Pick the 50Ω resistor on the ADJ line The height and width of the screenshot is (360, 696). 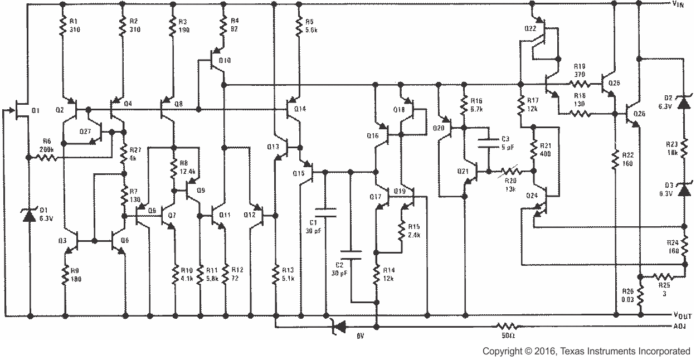click(x=508, y=326)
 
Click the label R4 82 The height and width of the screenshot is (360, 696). click(x=235, y=24)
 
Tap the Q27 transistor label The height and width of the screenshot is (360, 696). click(x=85, y=131)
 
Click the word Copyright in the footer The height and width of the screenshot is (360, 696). click(x=502, y=351)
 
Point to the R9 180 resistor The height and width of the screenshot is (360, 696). click(x=66, y=274)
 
